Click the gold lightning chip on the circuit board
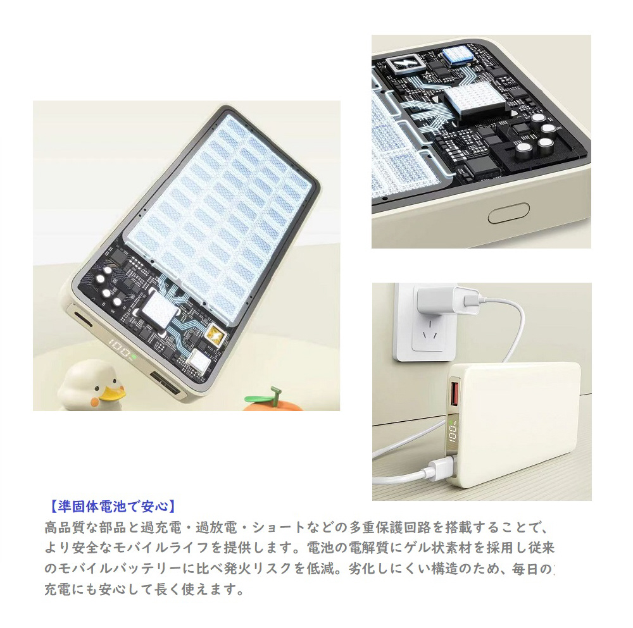[214, 336]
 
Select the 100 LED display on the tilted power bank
[120, 349]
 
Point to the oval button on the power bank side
[508, 213]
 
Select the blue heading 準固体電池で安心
[113, 507]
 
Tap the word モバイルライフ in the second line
[161, 548]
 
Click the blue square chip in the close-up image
[457, 55]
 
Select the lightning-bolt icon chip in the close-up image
[406, 64]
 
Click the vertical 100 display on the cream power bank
[453, 434]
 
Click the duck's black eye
[97, 389]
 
